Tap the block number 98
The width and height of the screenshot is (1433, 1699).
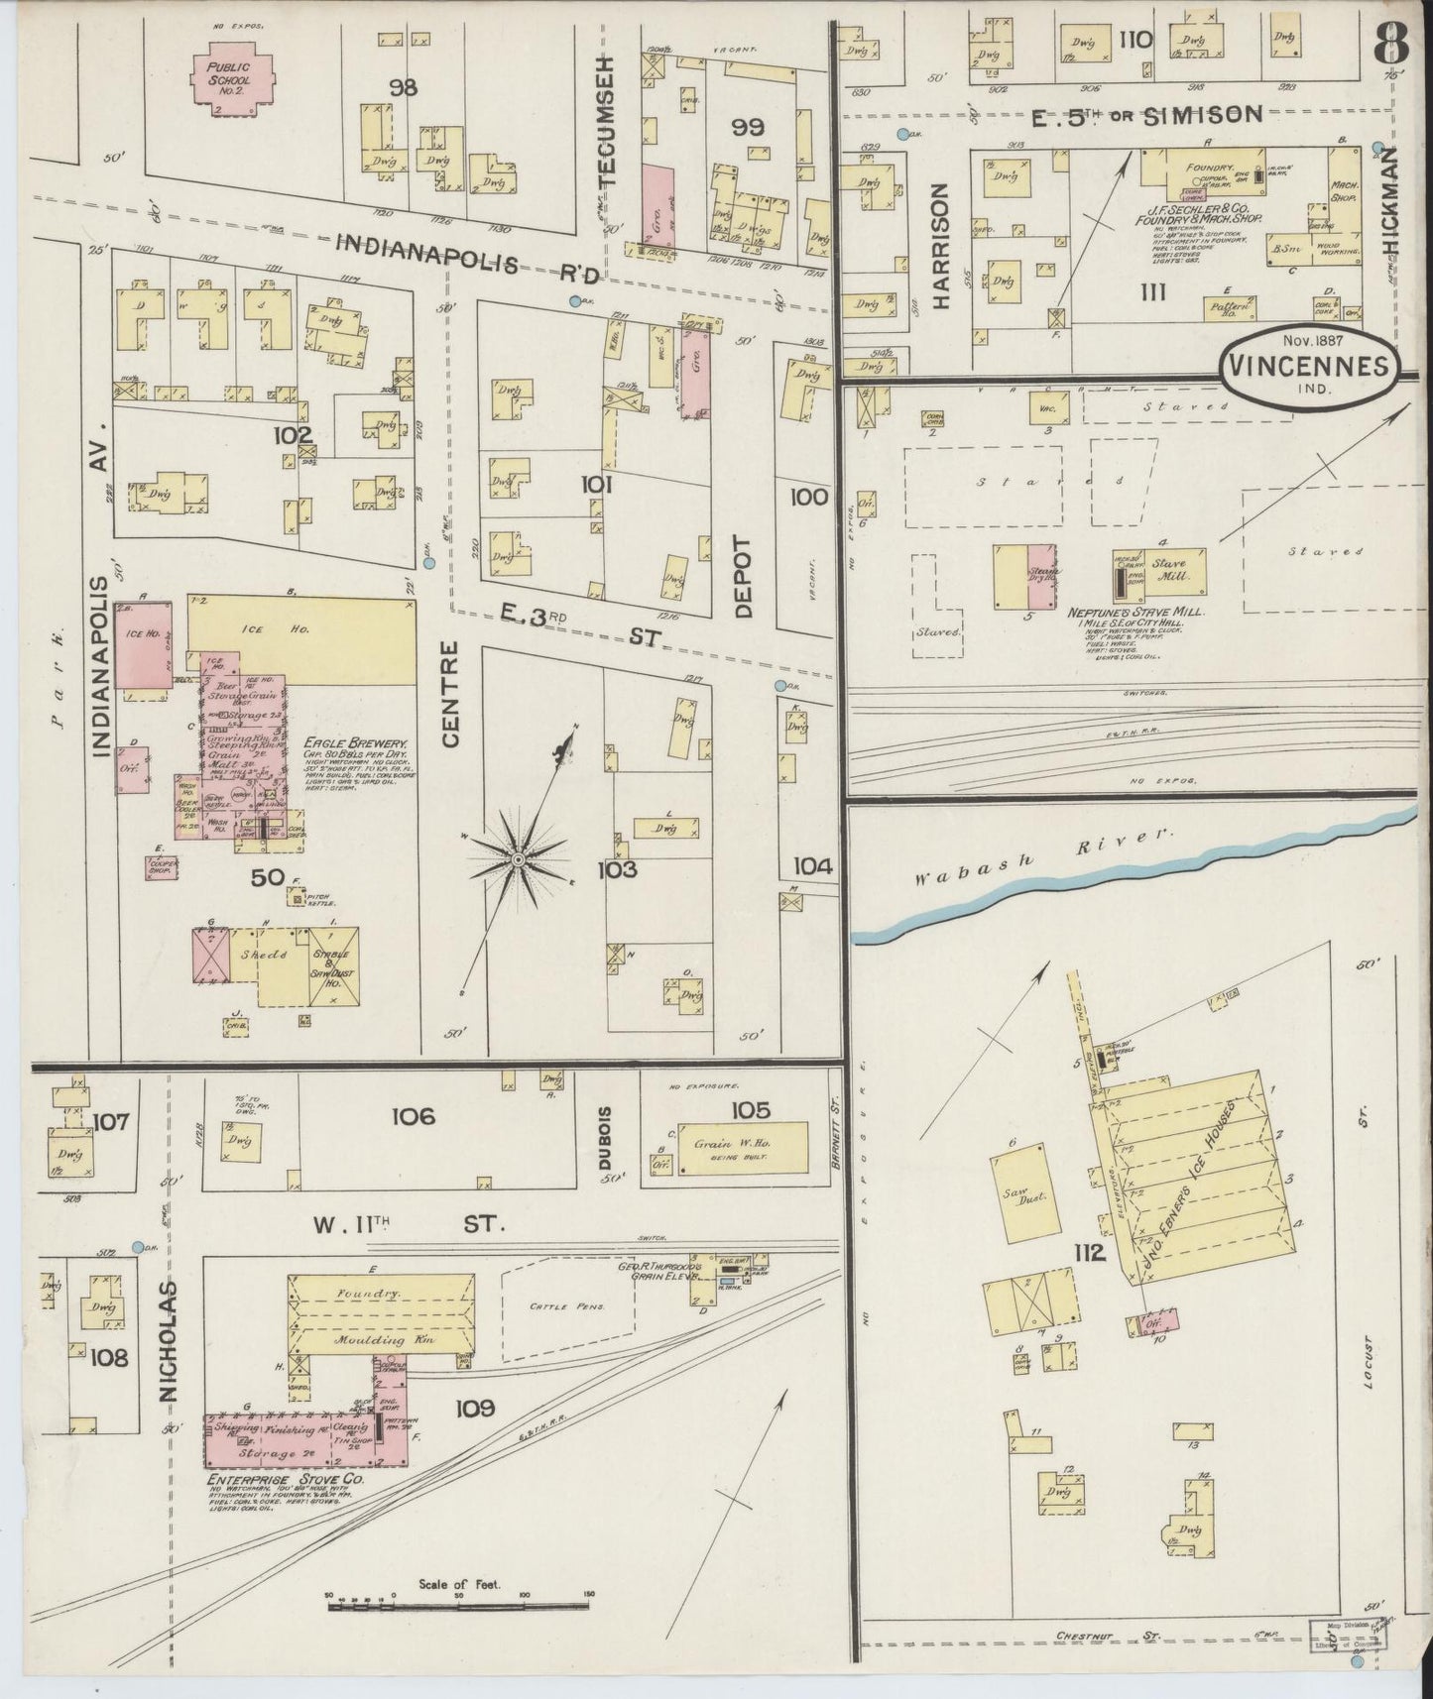click(x=403, y=87)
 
